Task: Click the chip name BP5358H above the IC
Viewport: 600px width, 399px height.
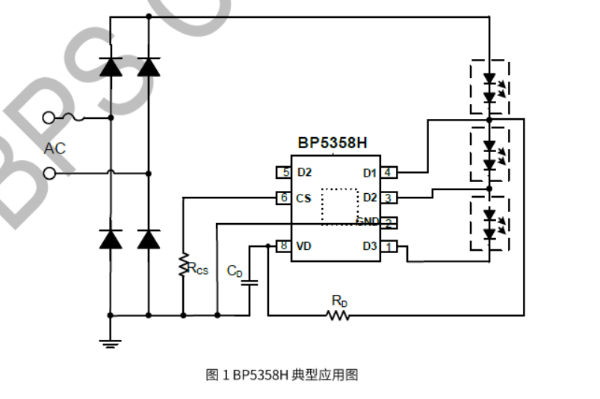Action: (x=333, y=142)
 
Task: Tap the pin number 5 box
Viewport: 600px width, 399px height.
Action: (x=284, y=172)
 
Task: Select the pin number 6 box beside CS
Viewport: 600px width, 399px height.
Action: (x=284, y=198)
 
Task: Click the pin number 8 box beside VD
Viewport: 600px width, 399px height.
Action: (x=284, y=246)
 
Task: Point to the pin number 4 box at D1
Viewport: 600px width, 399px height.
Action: (x=388, y=173)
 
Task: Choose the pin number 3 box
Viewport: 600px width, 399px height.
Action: (x=388, y=198)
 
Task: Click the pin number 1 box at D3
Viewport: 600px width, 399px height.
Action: (x=388, y=246)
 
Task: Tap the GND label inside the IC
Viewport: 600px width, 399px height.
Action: (x=367, y=222)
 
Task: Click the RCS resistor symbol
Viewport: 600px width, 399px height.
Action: (x=182, y=265)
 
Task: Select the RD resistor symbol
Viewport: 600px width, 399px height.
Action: (x=338, y=315)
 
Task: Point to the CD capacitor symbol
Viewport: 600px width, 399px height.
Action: (x=251, y=283)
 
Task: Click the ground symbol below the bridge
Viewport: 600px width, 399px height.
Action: (x=111, y=343)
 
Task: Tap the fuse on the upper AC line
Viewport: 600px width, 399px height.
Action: (x=73, y=118)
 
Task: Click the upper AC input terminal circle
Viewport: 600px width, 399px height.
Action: (x=50, y=118)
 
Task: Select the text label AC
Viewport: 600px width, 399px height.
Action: (x=55, y=148)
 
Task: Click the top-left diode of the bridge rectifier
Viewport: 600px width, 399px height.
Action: (x=111, y=67)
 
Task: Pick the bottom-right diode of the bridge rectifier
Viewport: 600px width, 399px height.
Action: (x=149, y=239)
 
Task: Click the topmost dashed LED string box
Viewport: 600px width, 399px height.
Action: (x=489, y=88)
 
